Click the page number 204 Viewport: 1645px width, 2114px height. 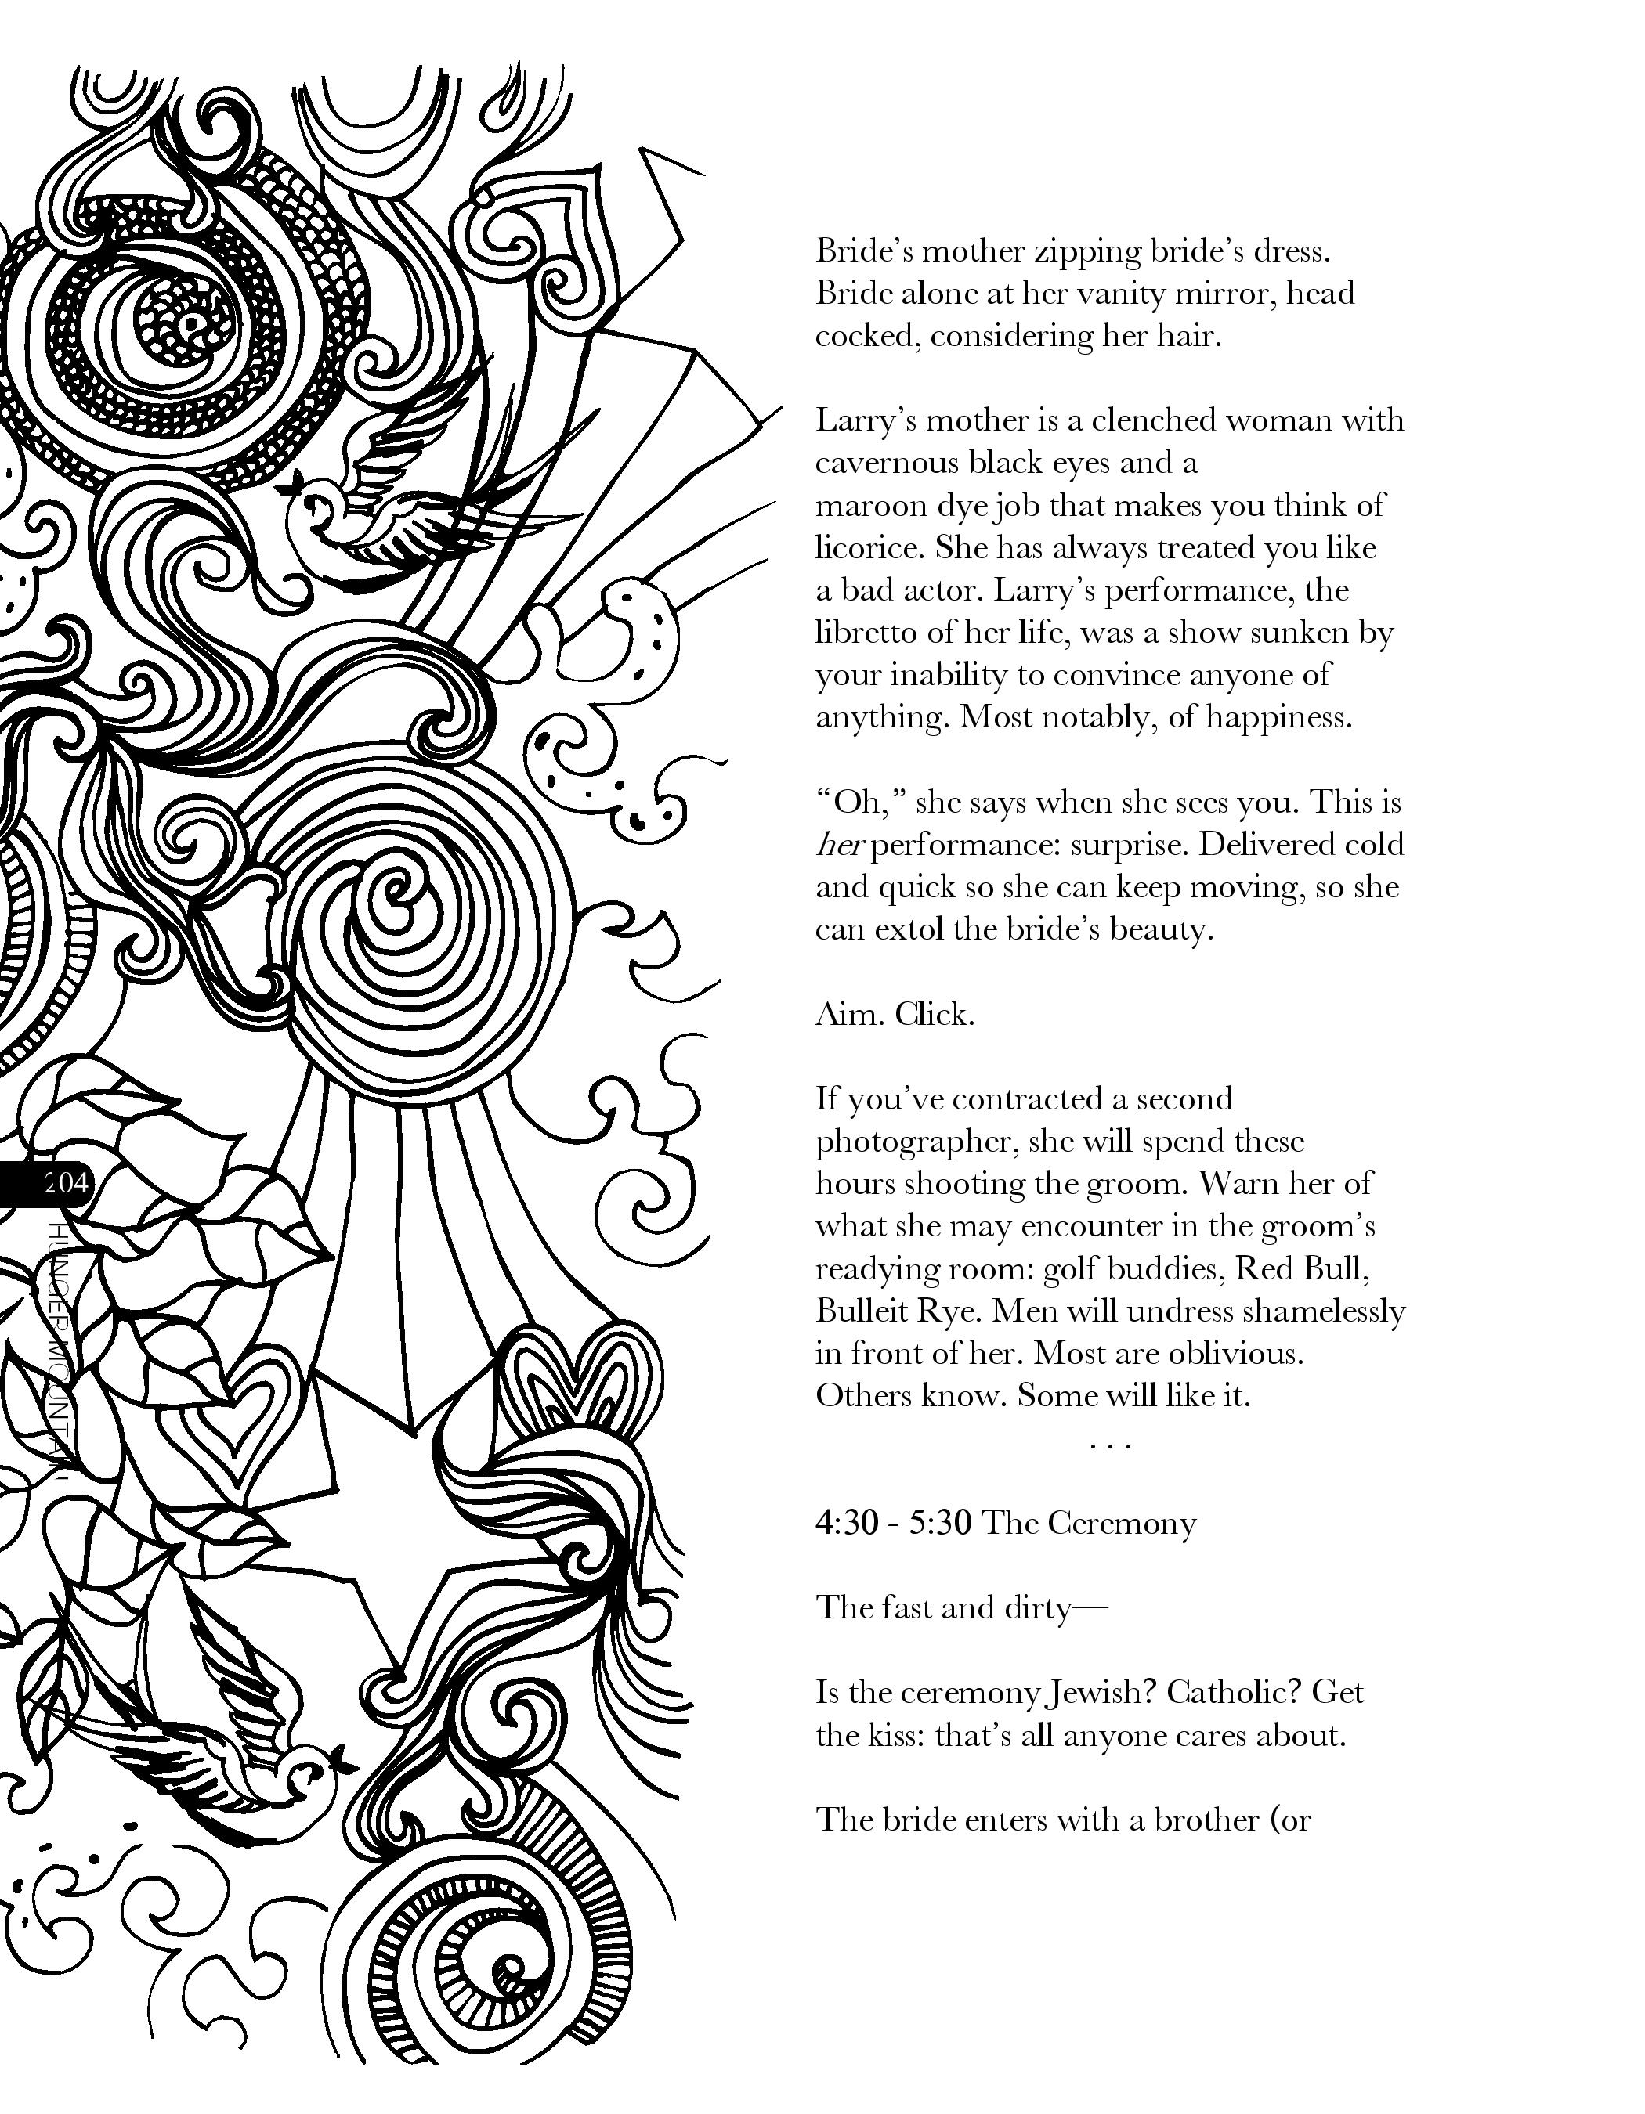pos(65,1181)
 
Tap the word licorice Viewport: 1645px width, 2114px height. pos(869,548)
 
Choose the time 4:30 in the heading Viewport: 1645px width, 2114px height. pos(845,1523)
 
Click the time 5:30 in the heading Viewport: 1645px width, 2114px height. pos(939,1523)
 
